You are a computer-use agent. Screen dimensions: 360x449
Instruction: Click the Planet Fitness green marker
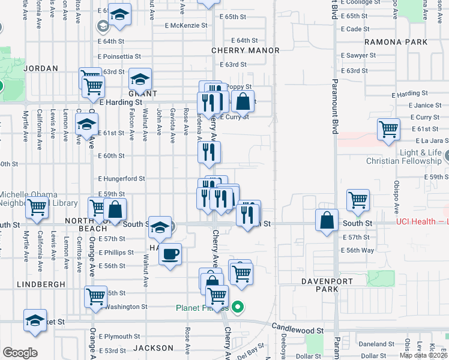[x=238, y=308]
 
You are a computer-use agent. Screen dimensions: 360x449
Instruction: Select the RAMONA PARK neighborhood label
[x=396, y=42]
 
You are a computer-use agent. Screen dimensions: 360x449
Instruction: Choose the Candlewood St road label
[x=297, y=329]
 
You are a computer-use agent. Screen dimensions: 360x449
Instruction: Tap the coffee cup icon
[x=170, y=253]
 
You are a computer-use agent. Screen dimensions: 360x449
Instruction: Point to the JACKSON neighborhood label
[x=153, y=348]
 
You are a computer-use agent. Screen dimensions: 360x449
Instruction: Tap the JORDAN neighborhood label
[x=41, y=68]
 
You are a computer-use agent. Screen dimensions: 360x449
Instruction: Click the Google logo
[x=20, y=352]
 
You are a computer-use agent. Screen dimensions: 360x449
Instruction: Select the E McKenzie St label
[x=187, y=25]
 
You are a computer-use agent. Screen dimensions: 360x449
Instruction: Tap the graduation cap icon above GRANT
[x=140, y=79]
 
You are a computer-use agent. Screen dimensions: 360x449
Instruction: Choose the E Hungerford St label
[x=122, y=178]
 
